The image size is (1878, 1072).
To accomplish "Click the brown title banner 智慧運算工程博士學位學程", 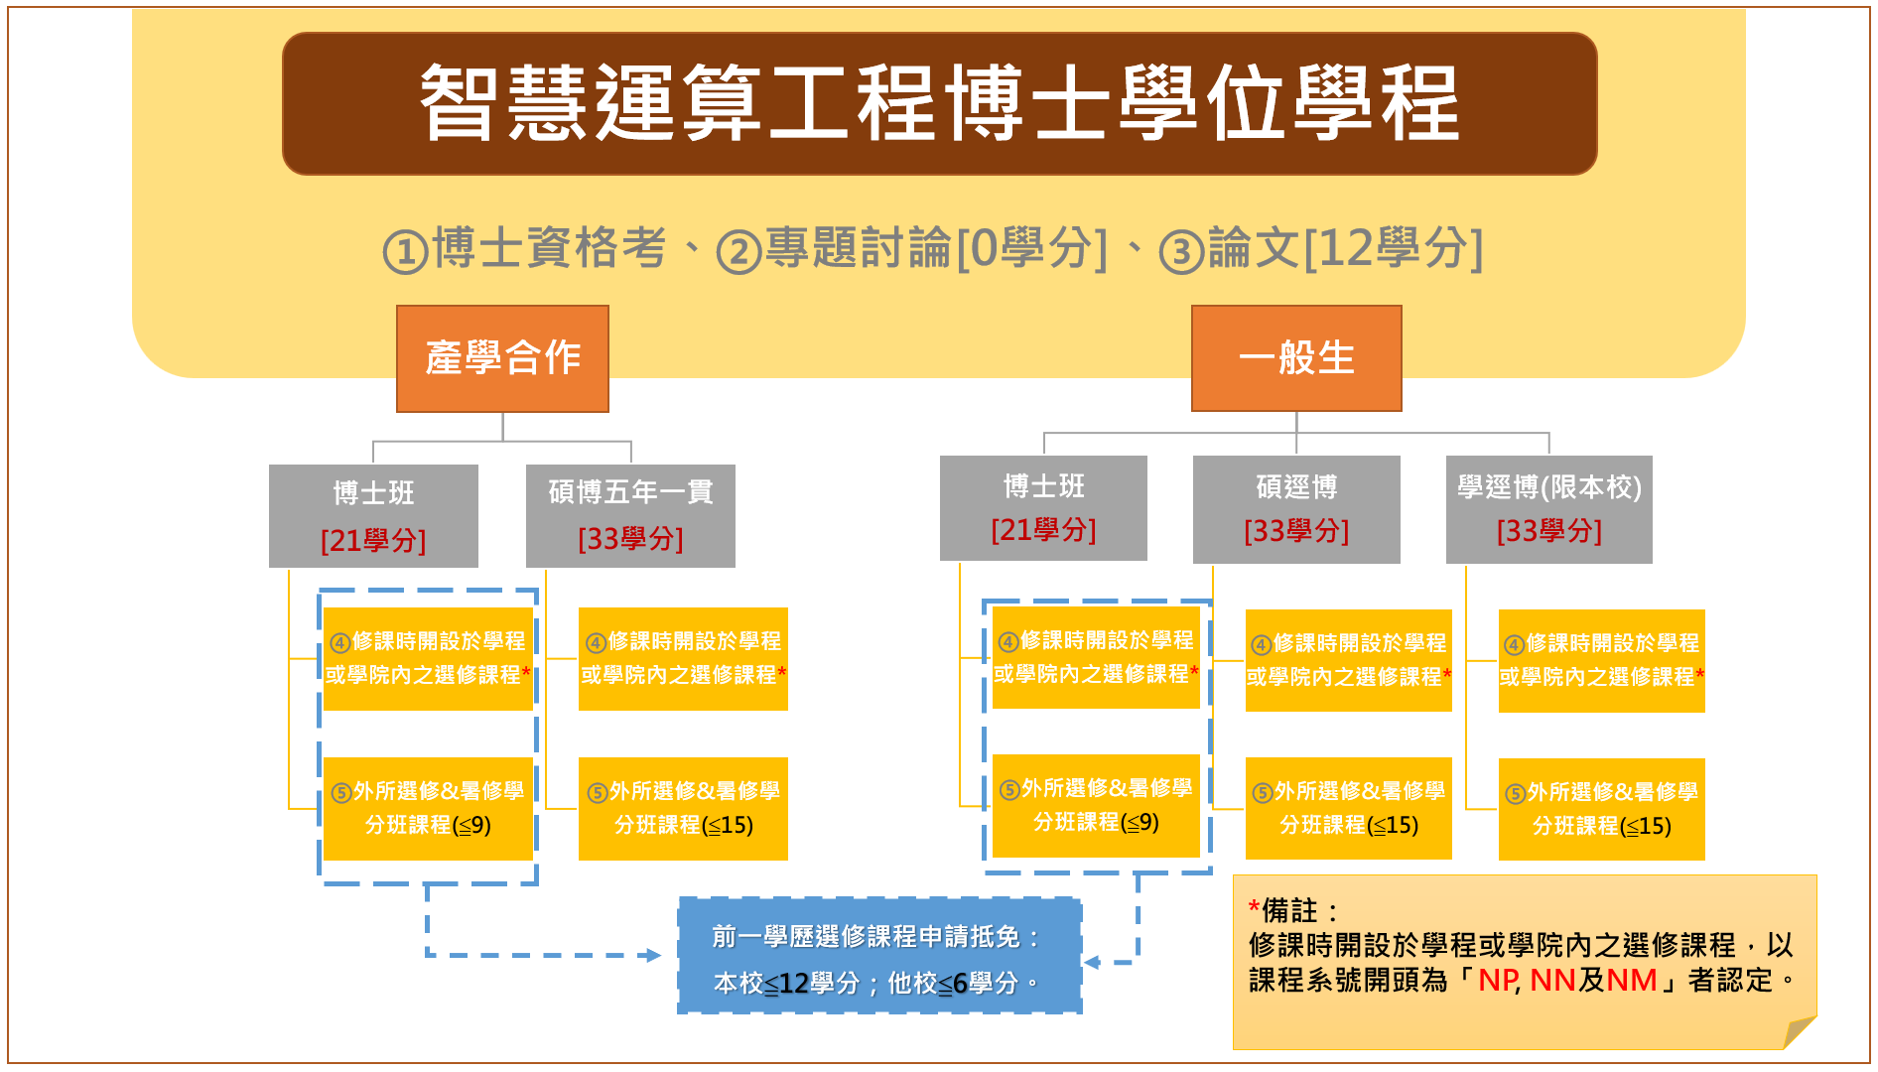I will pyautogui.click(x=939, y=103).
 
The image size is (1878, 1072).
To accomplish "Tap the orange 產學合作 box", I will pyautogui.click(x=502, y=358).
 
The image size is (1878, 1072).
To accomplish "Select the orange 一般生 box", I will pyautogui.click(x=1296, y=358).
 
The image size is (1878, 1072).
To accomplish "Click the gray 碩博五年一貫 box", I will pyautogui.click(x=630, y=515).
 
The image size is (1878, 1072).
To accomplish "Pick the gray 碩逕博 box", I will pyautogui.click(x=1296, y=508).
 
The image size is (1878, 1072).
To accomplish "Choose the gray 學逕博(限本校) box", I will pyautogui.click(x=1548, y=508).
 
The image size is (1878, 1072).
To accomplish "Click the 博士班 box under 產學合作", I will pyautogui.click(x=373, y=515).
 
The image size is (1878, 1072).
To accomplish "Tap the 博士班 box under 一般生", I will pyautogui.click(x=1043, y=507).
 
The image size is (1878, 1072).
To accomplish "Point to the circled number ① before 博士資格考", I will pyautogui.click(x=405, y=251).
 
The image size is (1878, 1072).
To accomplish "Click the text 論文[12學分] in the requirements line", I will pyautogui.click(x=1345, y=248).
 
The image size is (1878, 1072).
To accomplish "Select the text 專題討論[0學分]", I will pyautogui.click(x=935, y=248).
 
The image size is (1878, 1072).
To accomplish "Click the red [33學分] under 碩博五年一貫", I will pyautogui.click(x=630, y=539).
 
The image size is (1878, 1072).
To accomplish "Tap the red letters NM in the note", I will pyautogui.click(x=1631, y=981).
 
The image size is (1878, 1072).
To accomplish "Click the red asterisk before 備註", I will pyautogui.click(x=1255, y=908).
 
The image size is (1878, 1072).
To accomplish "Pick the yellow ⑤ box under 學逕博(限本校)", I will pyautogui.click(x=1601, y=809).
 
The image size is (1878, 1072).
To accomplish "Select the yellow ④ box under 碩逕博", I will pyautogui.click(x=1348, y=660).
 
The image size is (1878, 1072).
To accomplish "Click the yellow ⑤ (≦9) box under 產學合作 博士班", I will pyautogui.click(x=428, y=808).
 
